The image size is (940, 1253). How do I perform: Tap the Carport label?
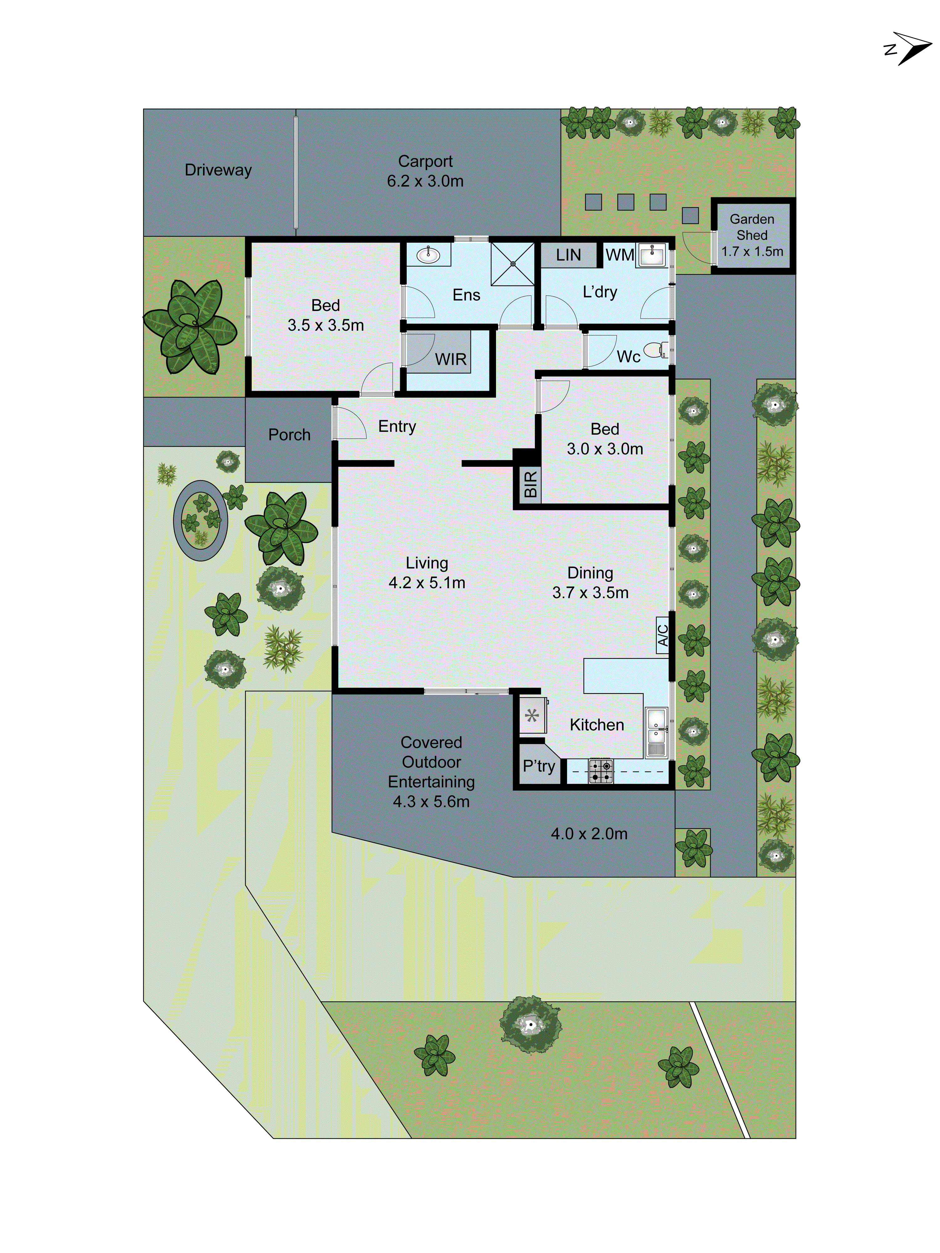(425, 161)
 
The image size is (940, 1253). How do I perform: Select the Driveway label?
(218, 170)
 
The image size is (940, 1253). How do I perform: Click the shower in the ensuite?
(512, 263)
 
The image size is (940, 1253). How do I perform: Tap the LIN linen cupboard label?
(568, 255)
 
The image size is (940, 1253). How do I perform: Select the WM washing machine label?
(619, 255)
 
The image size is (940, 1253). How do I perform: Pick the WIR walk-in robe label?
(451, 359)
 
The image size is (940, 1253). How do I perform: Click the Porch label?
(289, 434)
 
